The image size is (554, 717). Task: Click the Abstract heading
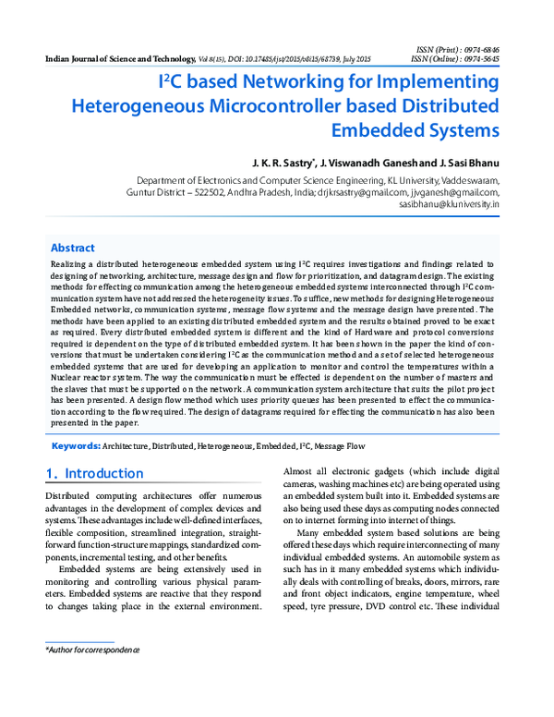tap(72, 248)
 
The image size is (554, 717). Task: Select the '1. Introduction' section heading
tap(95, 474)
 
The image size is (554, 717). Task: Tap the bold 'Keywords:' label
tap(76, 445)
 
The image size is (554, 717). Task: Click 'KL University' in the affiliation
tap(402, 181)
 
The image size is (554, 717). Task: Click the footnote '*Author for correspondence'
tap(92, 650)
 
